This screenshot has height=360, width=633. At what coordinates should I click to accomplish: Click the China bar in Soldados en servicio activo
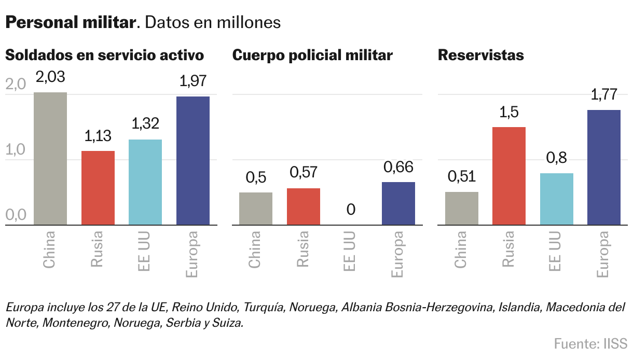50,159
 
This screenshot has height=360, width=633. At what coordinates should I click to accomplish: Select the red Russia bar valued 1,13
98,188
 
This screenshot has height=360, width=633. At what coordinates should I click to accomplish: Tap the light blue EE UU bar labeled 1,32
145,182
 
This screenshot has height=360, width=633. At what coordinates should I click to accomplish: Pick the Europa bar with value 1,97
193,161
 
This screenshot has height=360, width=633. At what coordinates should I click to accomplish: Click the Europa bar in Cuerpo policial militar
398,203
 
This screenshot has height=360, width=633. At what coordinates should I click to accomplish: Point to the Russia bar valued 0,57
304,206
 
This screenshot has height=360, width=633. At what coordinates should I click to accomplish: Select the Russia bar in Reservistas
509,176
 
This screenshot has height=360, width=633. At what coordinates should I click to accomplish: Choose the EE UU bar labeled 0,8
557,199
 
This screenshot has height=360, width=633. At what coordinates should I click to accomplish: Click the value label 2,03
50,77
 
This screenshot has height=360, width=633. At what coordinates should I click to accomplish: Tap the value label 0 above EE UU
351,210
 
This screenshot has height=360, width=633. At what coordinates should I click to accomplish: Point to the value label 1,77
604,95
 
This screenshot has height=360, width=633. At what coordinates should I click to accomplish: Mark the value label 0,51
461,177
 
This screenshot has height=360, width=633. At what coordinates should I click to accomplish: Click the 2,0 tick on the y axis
16,85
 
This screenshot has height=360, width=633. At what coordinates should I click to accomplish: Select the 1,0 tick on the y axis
16,150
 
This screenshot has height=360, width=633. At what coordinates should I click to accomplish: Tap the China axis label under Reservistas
461,250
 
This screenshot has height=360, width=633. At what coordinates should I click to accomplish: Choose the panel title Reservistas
481,56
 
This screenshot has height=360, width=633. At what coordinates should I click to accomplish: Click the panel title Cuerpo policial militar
312,56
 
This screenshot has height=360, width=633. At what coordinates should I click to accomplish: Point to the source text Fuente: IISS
590,343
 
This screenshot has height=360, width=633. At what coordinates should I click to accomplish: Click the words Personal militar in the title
70,23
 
